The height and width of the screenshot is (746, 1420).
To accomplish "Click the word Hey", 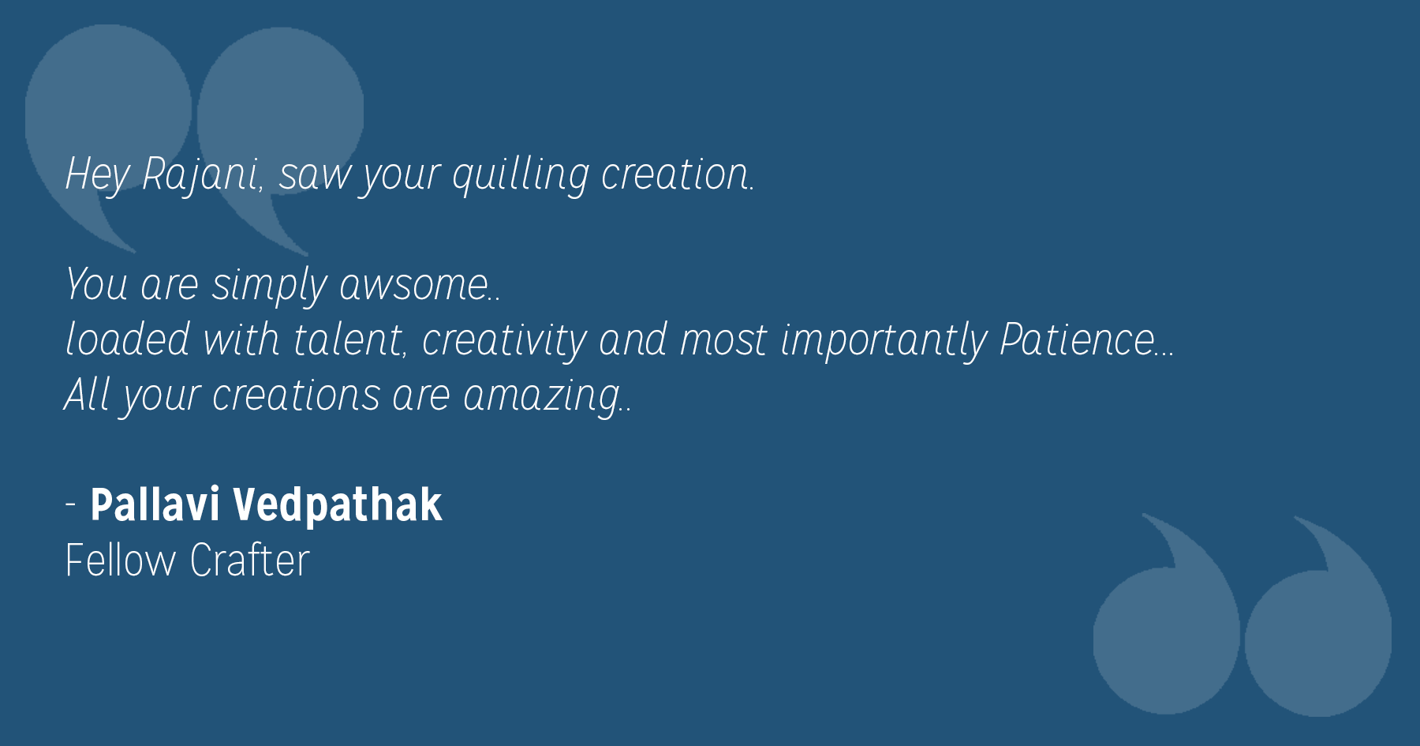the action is pos(97,174).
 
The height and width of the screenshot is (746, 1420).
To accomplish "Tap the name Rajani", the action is pos(200,174).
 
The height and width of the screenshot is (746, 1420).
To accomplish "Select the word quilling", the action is pos(520,174).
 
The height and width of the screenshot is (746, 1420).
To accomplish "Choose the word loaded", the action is pos(127,339).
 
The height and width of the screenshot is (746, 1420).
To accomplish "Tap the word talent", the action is pos(347,339).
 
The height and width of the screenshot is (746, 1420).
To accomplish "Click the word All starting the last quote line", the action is pos(87,394).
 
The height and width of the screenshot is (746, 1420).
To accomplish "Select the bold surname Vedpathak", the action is pos(338,505).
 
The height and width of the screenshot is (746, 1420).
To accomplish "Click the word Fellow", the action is pos(121,560).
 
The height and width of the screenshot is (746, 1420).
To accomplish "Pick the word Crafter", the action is pos(249,560).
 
